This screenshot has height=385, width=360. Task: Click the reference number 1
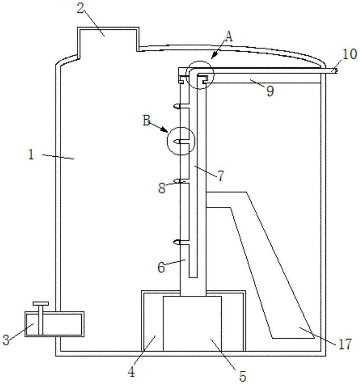[31, 155]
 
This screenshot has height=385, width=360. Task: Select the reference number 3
[6, 340]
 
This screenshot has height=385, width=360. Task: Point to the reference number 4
[131, 372]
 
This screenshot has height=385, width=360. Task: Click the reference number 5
[243, 375]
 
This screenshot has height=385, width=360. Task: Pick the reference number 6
[161, 267]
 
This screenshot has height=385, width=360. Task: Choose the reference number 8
[162, 188]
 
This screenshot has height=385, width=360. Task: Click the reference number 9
[270, 91]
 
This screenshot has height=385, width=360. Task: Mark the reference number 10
[350, 54]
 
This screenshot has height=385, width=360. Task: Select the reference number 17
[345, 344]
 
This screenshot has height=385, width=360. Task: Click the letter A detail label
[229, 37]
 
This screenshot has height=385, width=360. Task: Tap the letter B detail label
[147, 121]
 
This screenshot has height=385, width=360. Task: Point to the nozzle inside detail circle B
[177, 141]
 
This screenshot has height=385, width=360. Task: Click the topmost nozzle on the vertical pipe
[177, 106]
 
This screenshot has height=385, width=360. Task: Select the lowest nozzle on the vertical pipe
[177, 242]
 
